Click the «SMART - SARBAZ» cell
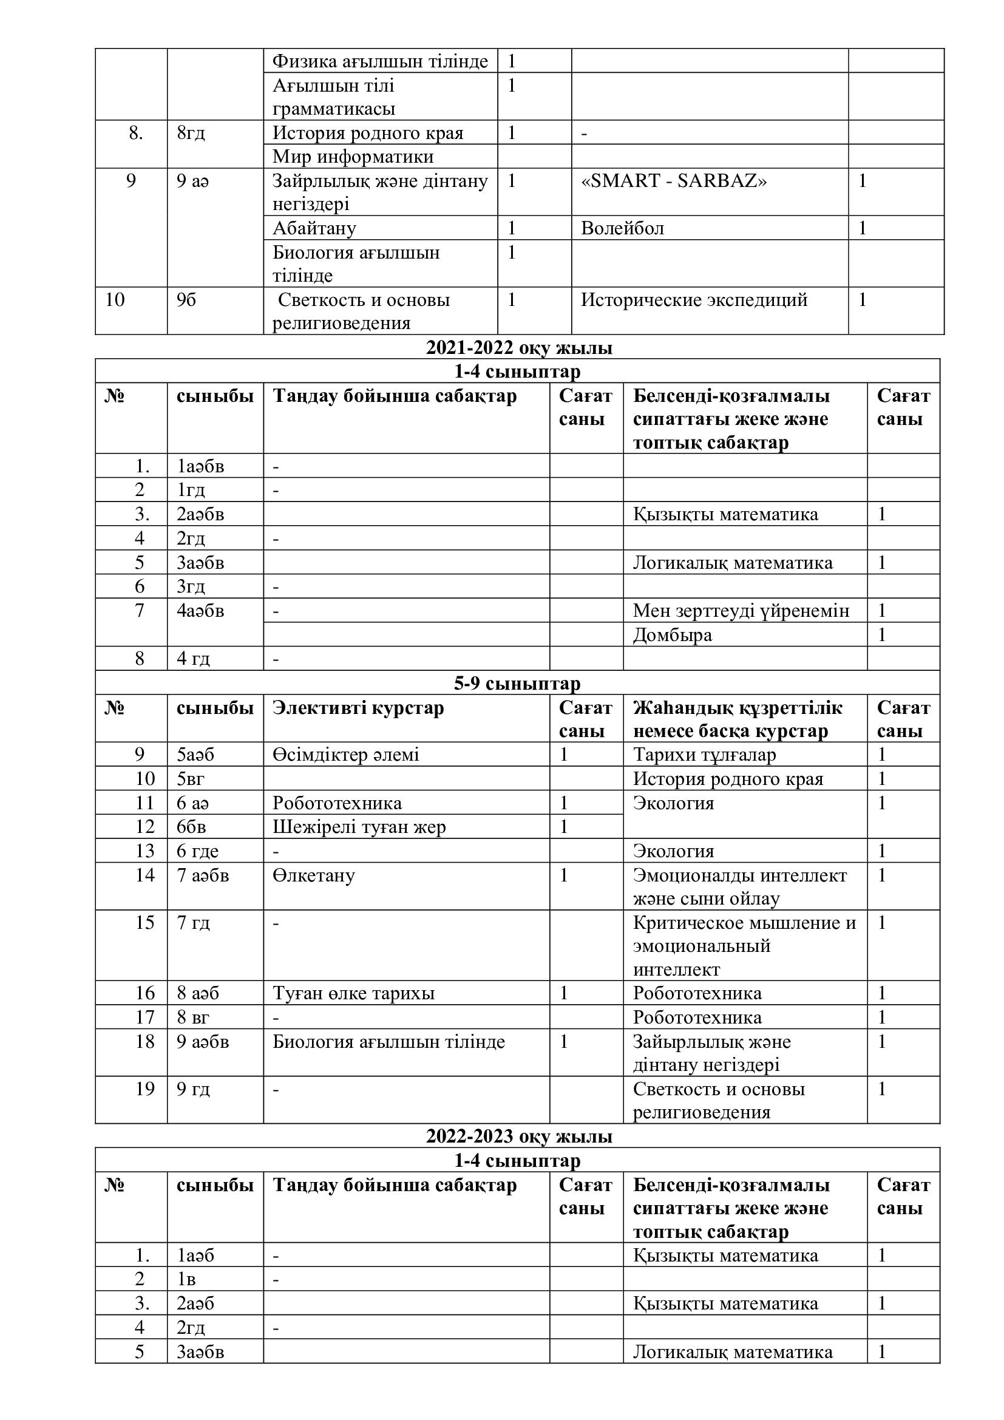coord(673,180)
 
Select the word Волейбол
coord(622,228)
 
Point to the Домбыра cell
coord(672,634)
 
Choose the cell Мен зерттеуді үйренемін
coord(741,610)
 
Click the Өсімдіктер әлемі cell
coord(345,755)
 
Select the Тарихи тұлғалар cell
coord(704,755)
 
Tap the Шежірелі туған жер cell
coord(359,827)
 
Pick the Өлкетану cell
coord(313,875)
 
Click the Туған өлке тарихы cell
coord(354,993)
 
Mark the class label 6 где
coord(197,851)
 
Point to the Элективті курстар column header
coord(358,707)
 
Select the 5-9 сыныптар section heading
coord(517,684)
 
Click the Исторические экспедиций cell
coord(694,300)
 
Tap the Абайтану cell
coord(314,228)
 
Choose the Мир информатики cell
coord(353,157)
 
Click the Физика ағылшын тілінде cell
coord(379,61)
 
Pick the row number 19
coord(144,1089)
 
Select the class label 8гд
coord(191,133)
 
